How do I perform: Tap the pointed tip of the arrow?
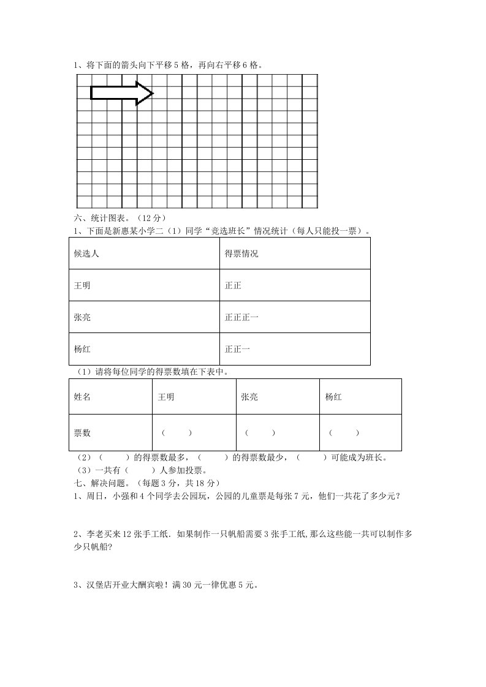[x=152, y=93]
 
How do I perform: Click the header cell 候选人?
[x=86, y=253]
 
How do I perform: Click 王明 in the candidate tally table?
[x=82, y=285]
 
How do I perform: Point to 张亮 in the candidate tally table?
[x=82, y=317]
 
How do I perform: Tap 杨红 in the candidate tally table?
[x=82, y=349]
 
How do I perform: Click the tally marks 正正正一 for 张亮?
[x=241, y=317]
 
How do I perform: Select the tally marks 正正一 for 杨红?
[x=237, y=349]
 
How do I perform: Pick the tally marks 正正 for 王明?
[x=234, y=285]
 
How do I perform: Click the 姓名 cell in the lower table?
[x=82, y=397]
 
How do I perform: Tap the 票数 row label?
[x=82, y=433]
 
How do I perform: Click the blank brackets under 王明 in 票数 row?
[x=177, y=433]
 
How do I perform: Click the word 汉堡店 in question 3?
[x=94, y=585]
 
